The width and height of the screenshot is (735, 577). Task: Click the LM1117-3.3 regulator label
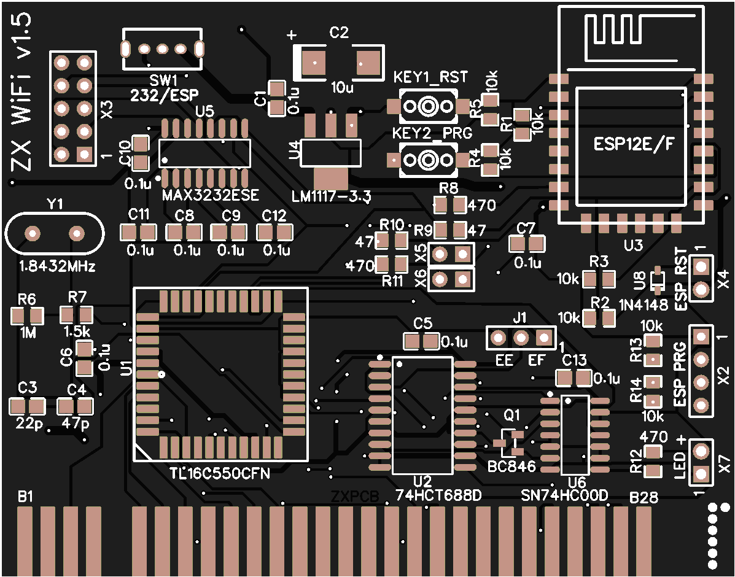click(x=332, y=196)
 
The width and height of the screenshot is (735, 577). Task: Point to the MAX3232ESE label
click(x=211, y=196)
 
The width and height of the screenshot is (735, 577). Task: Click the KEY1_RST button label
click(x=430, y=77)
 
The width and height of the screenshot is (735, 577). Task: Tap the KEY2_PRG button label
click(x=430, y=133)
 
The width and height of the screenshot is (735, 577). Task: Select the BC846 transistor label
click(x=511, y=467)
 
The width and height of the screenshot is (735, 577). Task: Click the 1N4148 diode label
click(x=643, y=305)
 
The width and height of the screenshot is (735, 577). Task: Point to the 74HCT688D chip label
click(x=438, y=495)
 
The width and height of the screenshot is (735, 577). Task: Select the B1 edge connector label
click(x=25, y=496)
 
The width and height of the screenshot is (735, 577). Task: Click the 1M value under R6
click(x=28, y=332)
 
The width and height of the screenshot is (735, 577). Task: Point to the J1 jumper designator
click(x=519, y=317)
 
